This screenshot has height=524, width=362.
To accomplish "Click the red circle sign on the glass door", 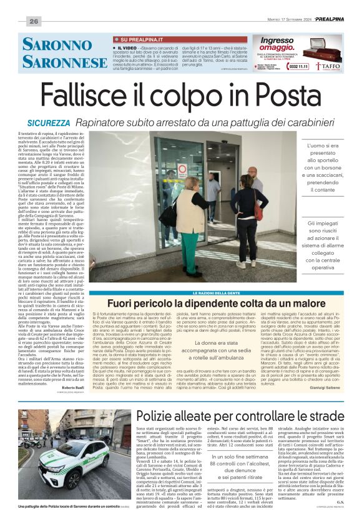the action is tap(182, 170).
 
